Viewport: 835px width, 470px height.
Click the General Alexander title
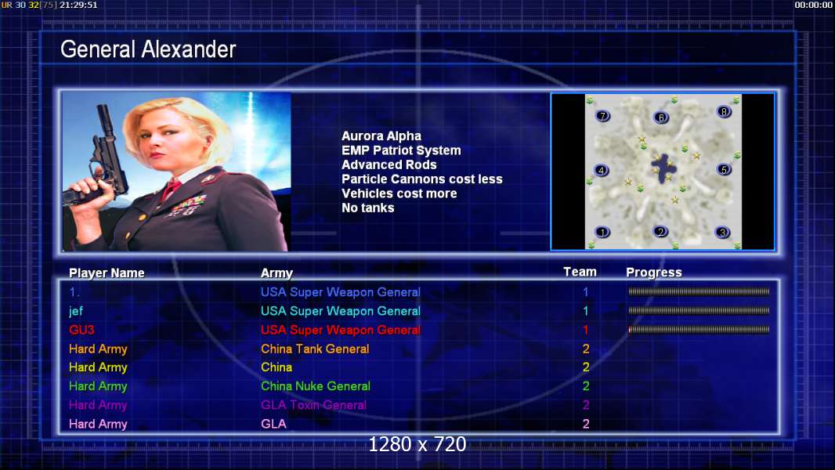148,49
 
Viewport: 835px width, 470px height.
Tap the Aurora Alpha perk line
381,136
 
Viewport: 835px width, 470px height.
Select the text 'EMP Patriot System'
401,150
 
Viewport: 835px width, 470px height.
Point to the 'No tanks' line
368,208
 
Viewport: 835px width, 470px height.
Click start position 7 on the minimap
602,116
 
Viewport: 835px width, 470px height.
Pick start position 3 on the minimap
722,232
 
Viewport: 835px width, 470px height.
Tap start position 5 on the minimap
724,170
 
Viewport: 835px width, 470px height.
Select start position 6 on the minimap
661,117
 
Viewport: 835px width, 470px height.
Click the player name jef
76,312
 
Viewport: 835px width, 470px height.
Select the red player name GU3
81,330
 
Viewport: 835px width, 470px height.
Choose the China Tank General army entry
315,349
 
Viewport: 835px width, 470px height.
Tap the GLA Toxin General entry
313,405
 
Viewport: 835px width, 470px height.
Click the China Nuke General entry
315,386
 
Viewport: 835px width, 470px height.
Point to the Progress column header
654,273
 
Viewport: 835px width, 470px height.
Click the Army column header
277,273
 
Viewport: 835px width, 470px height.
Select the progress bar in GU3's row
699,330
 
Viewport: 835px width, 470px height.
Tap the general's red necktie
171,189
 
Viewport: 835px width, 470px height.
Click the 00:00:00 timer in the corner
813,5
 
